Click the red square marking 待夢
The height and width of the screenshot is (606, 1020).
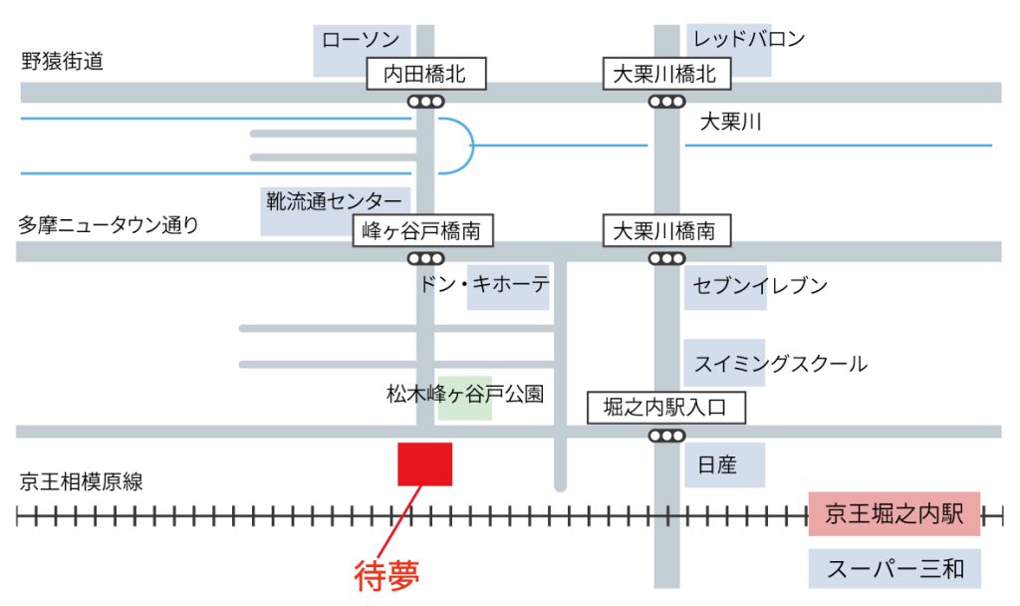pos(425,464)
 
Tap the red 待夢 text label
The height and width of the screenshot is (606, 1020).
pos(387,575)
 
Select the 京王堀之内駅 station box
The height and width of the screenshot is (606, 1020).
pos(894,514)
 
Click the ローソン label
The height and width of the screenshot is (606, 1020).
pos(361,41)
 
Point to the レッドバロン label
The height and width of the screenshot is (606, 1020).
pos(748,40)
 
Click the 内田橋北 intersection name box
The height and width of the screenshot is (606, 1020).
pos(425,74)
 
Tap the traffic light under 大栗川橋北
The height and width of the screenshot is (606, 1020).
pos(666,101)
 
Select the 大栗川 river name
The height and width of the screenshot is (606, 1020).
pos(730,123)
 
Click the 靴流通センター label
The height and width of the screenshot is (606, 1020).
pos(333,201)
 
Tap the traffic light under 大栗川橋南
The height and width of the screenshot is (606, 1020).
pos(666,258)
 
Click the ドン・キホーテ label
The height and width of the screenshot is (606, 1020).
pos(484,285)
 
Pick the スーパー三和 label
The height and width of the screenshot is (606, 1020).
pos(895,569)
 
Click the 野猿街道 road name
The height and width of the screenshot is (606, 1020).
pos(62,62)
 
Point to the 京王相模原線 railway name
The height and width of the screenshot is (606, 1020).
pos(81,482)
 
